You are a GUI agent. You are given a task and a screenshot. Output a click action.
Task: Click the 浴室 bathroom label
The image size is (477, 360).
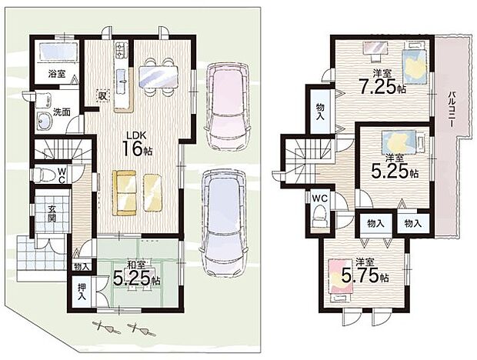pos(57,73)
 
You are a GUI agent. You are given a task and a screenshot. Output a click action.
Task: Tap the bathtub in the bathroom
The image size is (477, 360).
pos(57,51)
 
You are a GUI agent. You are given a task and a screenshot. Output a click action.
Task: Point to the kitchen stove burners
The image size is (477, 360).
pos(120,50)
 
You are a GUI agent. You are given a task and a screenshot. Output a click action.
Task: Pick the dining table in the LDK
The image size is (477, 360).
pos(158,77)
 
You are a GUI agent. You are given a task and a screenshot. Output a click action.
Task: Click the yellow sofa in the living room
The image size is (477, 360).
pos(124,193)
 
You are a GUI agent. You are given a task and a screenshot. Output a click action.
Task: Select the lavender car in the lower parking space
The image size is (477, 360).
pos(224,223)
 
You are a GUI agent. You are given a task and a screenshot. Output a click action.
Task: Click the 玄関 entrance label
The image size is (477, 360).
pos(52,213)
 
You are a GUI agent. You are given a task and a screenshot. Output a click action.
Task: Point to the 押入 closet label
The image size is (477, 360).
pos(82,292)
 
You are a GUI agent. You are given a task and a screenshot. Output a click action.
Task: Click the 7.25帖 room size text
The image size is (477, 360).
pos(382,86)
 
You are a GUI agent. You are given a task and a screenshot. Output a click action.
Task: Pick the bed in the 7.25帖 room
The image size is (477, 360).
pos(415,63)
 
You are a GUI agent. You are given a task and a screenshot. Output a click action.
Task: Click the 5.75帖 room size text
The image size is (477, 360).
pos(365,276)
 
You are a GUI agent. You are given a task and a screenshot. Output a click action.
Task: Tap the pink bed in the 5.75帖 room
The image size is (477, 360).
pos(340,279)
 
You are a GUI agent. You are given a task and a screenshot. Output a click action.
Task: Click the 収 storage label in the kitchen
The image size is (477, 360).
pos(102,96)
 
